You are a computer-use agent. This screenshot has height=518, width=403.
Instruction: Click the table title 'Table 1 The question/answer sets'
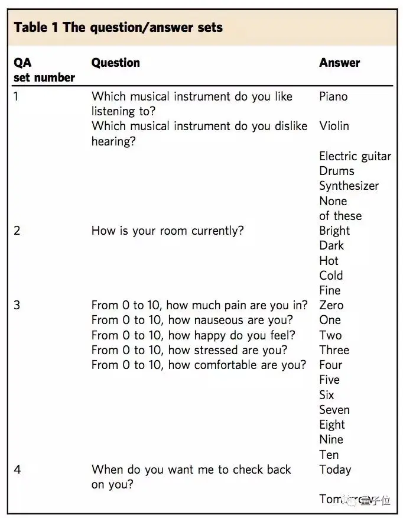pyautogui.click(x=118, y=27)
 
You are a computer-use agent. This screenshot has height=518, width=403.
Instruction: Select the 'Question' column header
pyautogui.click(x=116, y=63)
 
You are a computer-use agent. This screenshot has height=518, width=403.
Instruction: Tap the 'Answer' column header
pyautogui.click(x=339, y=63)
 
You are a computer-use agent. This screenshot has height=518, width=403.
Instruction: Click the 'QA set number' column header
pyautogui.click(x=44, y=70)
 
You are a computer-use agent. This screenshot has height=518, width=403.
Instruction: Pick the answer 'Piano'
pyautogui.click(x=333, y=96)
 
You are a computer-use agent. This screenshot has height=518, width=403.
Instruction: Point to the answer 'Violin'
pyautogui.click(x=334, y=126)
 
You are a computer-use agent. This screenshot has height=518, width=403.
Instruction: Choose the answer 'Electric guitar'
pyautogui.click(x=355, y=156)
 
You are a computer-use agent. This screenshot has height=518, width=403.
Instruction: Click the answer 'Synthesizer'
pyautogui.click(x=349, y=186)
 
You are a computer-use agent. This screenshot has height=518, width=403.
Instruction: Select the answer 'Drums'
pyautogui.click(x=337, y=171)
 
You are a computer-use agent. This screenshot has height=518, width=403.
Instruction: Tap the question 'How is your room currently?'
pyautogui.click(x=167, y=231)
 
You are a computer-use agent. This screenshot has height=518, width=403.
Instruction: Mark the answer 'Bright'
pyautogui.click(x=334, y=231)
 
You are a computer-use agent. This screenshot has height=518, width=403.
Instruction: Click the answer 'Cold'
pyautogui.click(x=331, y=276)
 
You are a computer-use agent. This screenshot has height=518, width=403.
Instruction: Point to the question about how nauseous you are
pyautogui.click(x=192, y=320)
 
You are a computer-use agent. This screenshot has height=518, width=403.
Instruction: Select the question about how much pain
pyautogui.click(x=199, y=305)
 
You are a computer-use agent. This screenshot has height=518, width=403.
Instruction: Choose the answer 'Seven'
pyautogui.click(x=334, y=410)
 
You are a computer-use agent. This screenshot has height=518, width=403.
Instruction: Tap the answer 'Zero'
pyautogui.click(x=331, y=305)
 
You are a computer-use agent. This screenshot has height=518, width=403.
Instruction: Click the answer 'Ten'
pyautogui.click(x=329, y=455)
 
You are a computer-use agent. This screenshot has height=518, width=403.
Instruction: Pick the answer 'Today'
pyautogui.click(x=335, y=470)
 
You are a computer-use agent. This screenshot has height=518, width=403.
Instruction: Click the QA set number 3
pyautogui.click(x=17, y=305)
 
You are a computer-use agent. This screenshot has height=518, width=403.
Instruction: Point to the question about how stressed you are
pyautogui.click(x=189, y=350)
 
